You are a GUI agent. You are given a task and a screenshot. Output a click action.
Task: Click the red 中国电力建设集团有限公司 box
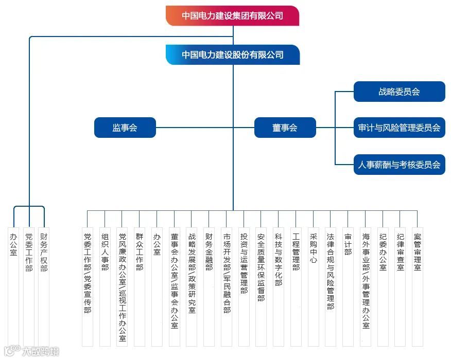(232, 15)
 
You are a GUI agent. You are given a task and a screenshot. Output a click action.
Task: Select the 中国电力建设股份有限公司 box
(233, 55)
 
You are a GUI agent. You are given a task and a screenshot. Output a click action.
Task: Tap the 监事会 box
(125, 128)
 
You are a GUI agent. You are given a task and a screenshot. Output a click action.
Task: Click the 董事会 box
(285, 128)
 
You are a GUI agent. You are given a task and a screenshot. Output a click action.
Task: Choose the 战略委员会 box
(399, 92)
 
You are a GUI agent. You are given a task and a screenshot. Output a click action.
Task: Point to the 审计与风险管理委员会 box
(399, 128)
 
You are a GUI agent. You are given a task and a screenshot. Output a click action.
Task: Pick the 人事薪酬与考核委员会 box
(399, 165)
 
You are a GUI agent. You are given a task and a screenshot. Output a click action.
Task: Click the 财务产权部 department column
(44, 252)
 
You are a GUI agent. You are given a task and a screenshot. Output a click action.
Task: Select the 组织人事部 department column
(105, 252)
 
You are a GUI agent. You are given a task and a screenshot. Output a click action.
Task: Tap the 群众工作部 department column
(140, 252)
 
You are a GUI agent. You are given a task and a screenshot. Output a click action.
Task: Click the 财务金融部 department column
(209, 252)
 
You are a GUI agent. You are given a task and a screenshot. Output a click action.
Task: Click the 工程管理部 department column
(296, 252)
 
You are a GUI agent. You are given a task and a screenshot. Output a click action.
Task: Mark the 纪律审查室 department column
(400, 252)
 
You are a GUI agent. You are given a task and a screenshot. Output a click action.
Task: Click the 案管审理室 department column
(417, 252)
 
